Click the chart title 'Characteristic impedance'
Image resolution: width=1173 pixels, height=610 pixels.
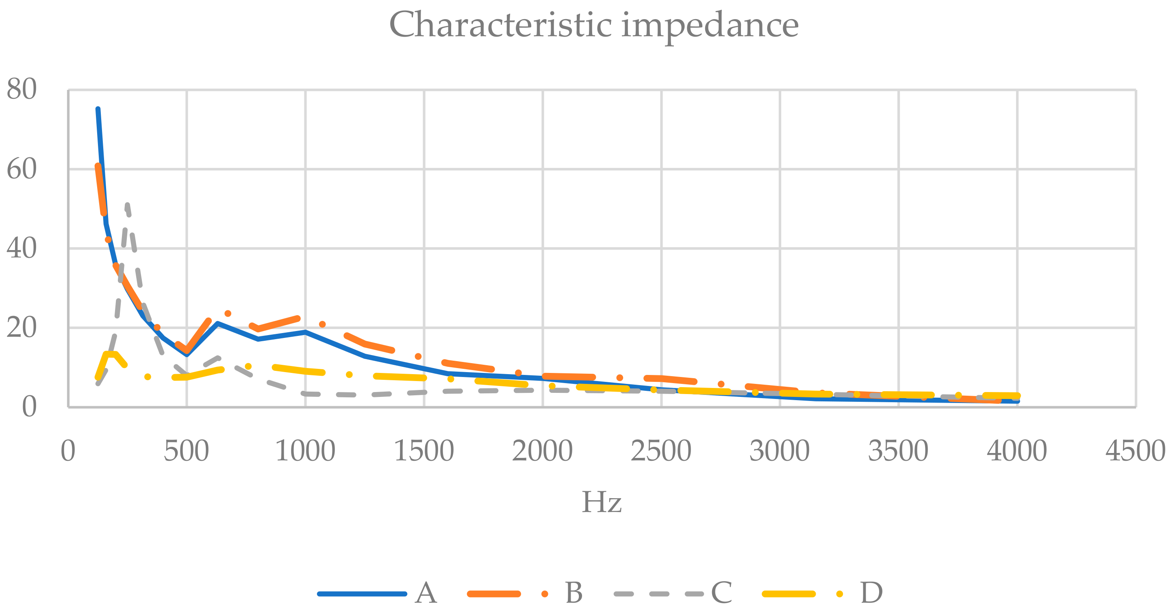pos(594,25)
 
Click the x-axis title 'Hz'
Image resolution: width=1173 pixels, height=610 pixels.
pos(602,502)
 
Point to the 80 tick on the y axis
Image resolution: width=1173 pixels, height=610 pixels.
pos(22,89)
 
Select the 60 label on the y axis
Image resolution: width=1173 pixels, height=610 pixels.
pos(22,169)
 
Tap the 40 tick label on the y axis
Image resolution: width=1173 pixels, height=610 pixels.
pos(22,248)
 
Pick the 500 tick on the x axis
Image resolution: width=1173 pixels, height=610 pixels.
pos(186,451)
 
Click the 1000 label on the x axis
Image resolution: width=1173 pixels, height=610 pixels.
pos(305,451)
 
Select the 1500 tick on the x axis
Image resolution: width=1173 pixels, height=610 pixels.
pos(424,451)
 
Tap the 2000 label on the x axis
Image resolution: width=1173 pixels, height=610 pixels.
pos(542,451)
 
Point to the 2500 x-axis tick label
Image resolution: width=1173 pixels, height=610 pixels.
pos(661,451)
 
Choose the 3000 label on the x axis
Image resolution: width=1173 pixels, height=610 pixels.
pos(780,451)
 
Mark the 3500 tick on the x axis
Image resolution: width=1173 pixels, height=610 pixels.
pos(898,451)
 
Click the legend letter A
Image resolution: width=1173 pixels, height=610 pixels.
pos(426,593)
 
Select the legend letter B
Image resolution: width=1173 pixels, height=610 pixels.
pos(574,593)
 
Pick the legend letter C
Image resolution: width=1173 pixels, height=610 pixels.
pos(722,593)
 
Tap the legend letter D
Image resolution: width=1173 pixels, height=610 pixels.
pos(871,593)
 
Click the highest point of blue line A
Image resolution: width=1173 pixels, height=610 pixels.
pos(98,109)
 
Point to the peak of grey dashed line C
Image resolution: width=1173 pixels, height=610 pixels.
pos(127,205)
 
